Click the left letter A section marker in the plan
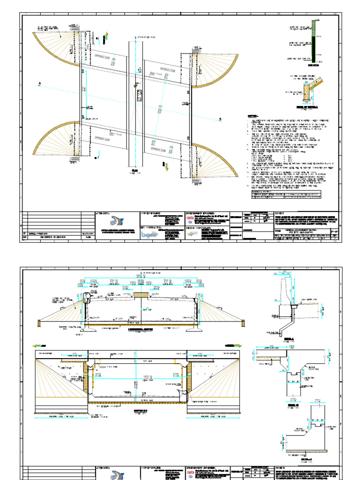[40, 84]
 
